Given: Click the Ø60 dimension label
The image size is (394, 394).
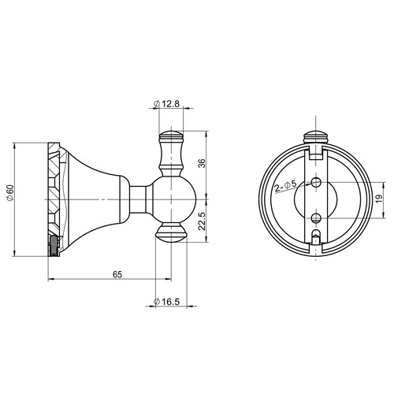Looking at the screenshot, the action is [10, 193].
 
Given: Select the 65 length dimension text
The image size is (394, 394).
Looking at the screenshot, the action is [117, 274].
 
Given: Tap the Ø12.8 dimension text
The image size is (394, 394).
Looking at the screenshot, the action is [166, 104].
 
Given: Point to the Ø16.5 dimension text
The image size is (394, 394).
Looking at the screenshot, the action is [166, 302].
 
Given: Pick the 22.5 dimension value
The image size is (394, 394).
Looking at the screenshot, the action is [202, 221].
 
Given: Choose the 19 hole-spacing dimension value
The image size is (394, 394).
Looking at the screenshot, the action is [378, 199].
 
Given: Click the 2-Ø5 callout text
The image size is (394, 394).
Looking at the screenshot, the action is [285, 186].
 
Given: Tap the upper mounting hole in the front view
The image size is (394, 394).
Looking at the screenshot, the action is [316, 181].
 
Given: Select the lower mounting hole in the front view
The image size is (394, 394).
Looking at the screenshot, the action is [316, 217].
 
